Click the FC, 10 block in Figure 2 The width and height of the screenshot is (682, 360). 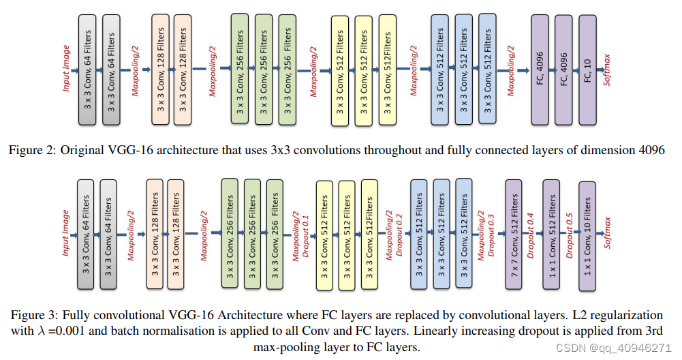point(587,70)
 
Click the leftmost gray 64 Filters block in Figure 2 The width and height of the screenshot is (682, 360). point(88,70)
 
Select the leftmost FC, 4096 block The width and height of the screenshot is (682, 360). point(540,70)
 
